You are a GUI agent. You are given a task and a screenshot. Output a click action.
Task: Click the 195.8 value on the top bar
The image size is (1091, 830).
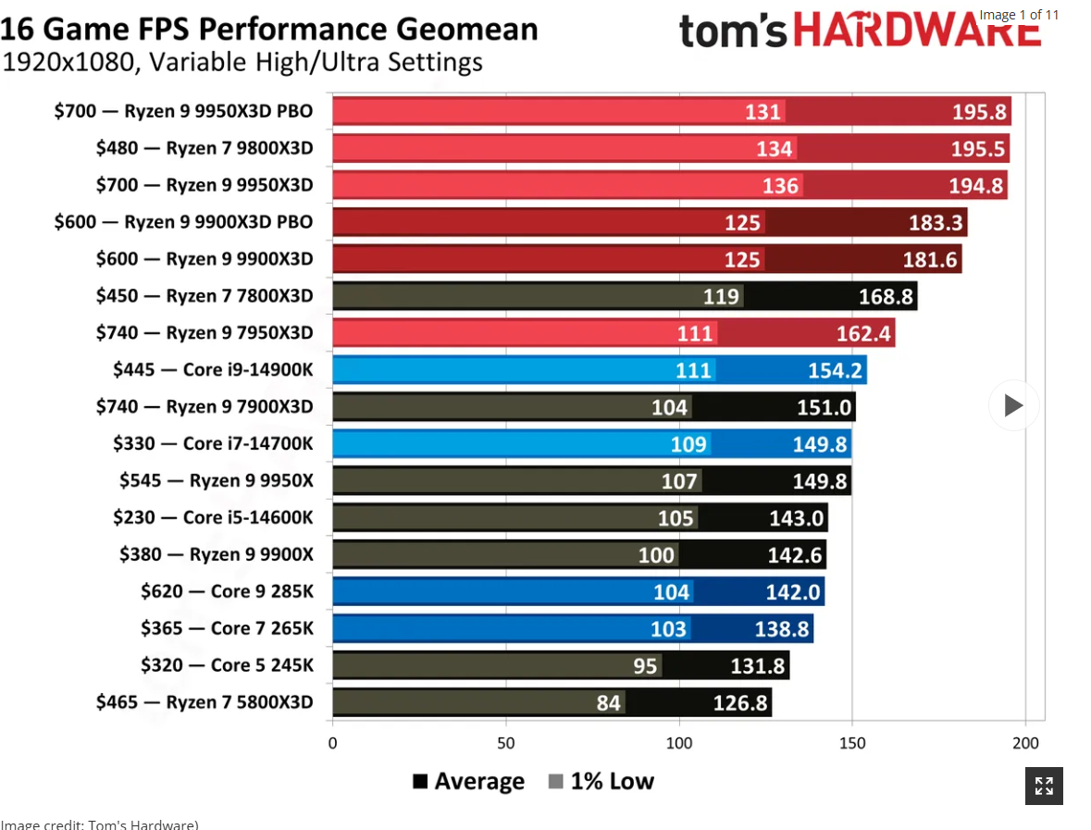(x=979, y=112)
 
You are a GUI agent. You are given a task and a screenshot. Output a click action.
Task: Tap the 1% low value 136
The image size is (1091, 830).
(x=780, y=186)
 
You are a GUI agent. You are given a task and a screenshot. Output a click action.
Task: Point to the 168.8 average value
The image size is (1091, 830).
(x=886, y=296)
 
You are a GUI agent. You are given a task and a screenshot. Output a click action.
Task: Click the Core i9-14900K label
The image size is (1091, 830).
(x=213, y=370)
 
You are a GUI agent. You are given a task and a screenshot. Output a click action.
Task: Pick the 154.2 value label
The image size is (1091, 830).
(x=835, y=370)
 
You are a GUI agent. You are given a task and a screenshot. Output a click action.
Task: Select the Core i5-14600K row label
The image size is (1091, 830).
(x=213, y=517)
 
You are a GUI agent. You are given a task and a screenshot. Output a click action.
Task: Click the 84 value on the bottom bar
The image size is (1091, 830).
(x=608, y=702)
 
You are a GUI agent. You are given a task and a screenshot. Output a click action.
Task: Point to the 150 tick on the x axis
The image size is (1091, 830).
(x=851, y=742)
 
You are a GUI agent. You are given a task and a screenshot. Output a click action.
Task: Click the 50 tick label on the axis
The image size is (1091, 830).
(x=505, y=742)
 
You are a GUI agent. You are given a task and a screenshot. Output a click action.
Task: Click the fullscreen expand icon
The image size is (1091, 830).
(x=1044, y=787)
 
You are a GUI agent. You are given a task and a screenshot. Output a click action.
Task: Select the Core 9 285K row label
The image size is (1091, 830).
(x=227, y=591)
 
